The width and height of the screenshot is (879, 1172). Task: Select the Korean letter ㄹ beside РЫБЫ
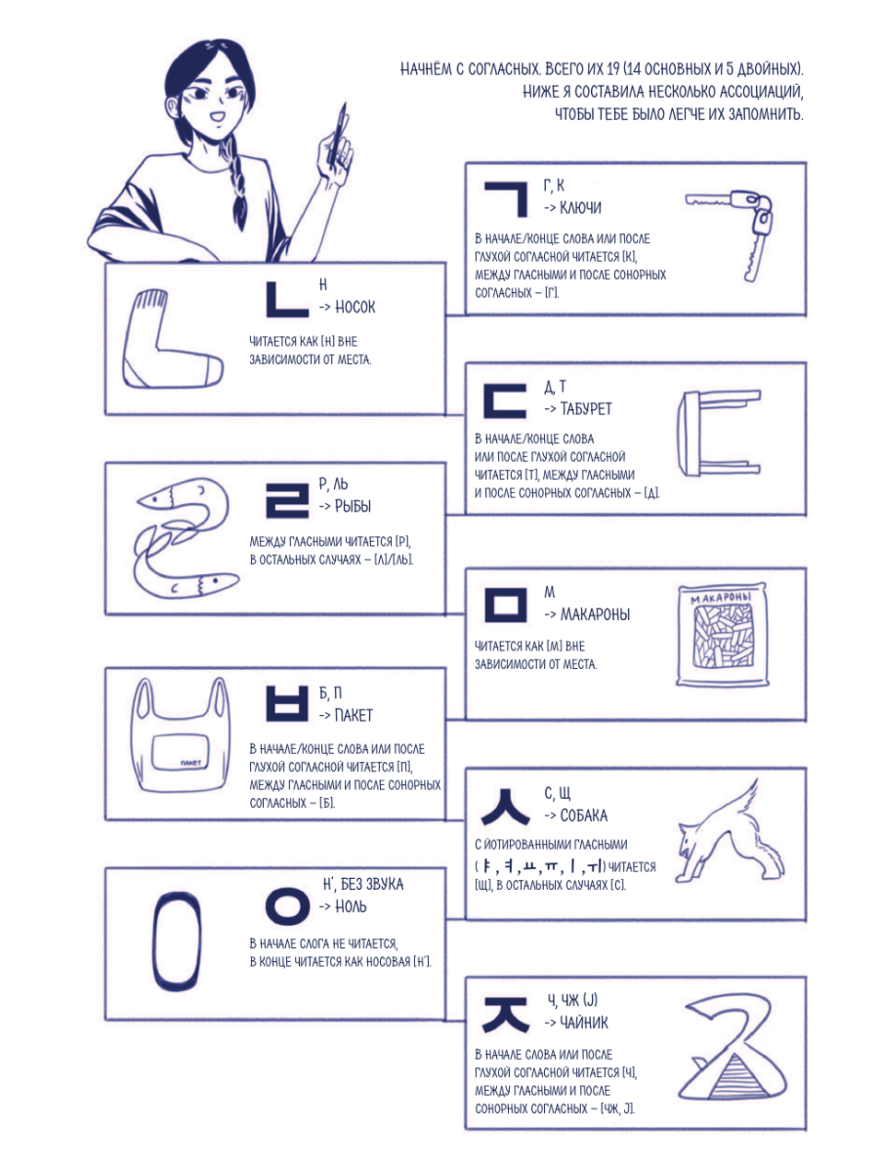pyautogui.click(x=287, y=500)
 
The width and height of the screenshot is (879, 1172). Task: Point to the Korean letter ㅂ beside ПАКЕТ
pyautogui.click(x=287, y=704)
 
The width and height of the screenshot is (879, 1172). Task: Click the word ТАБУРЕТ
pyautogui.click(x=585, y=409)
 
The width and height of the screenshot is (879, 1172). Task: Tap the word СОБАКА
pyautogui.click(x=583, y=816)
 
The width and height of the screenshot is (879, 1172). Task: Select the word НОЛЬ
pyautogui.click(x=351, y=906)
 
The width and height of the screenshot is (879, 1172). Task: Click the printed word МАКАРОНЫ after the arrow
pyautogui.click(x=595, y=614)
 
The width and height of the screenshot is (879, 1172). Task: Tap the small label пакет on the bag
pyautogui.click(x=190, y=763)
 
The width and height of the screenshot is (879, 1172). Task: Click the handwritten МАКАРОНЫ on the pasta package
pyautogui.click(x=721, y=598)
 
